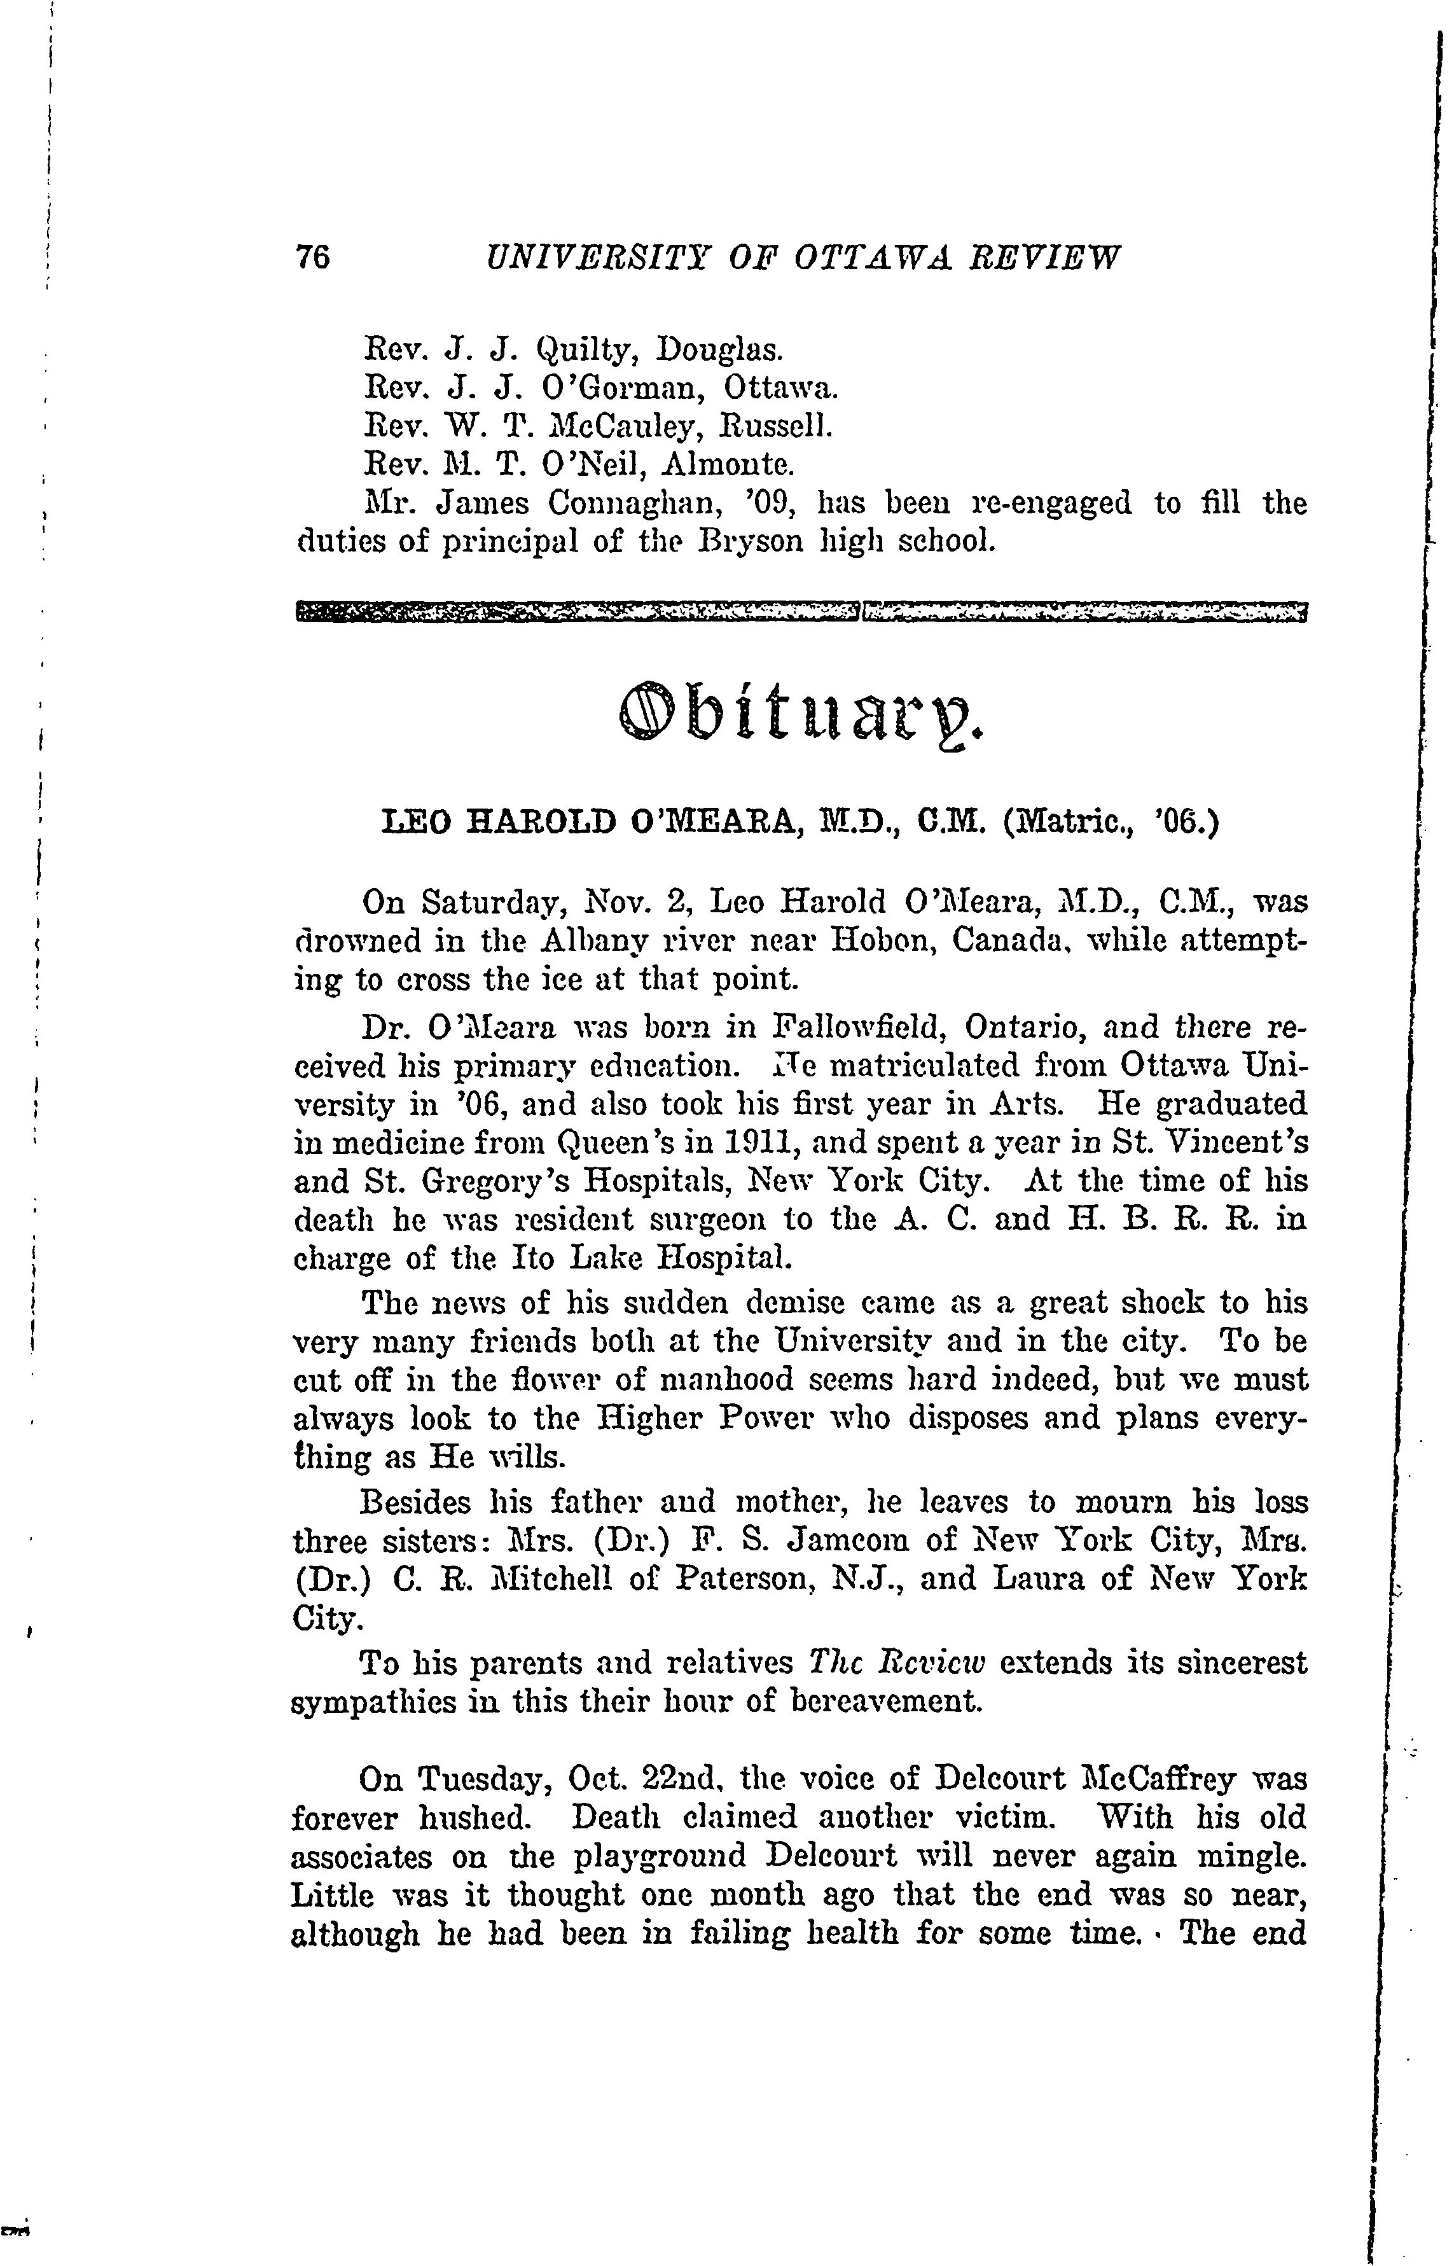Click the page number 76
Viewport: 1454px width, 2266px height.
point(312,257)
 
